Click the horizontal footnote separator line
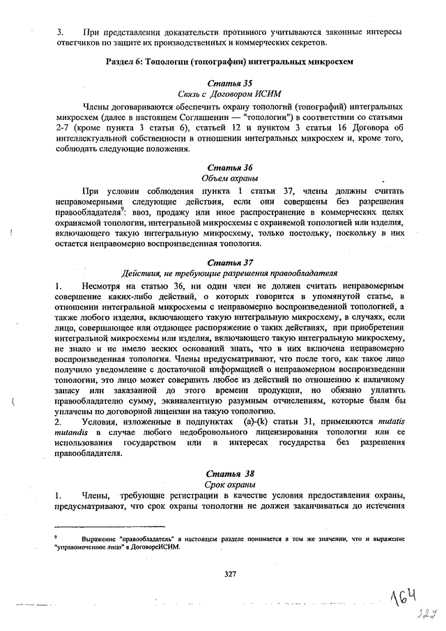(109, 527)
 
